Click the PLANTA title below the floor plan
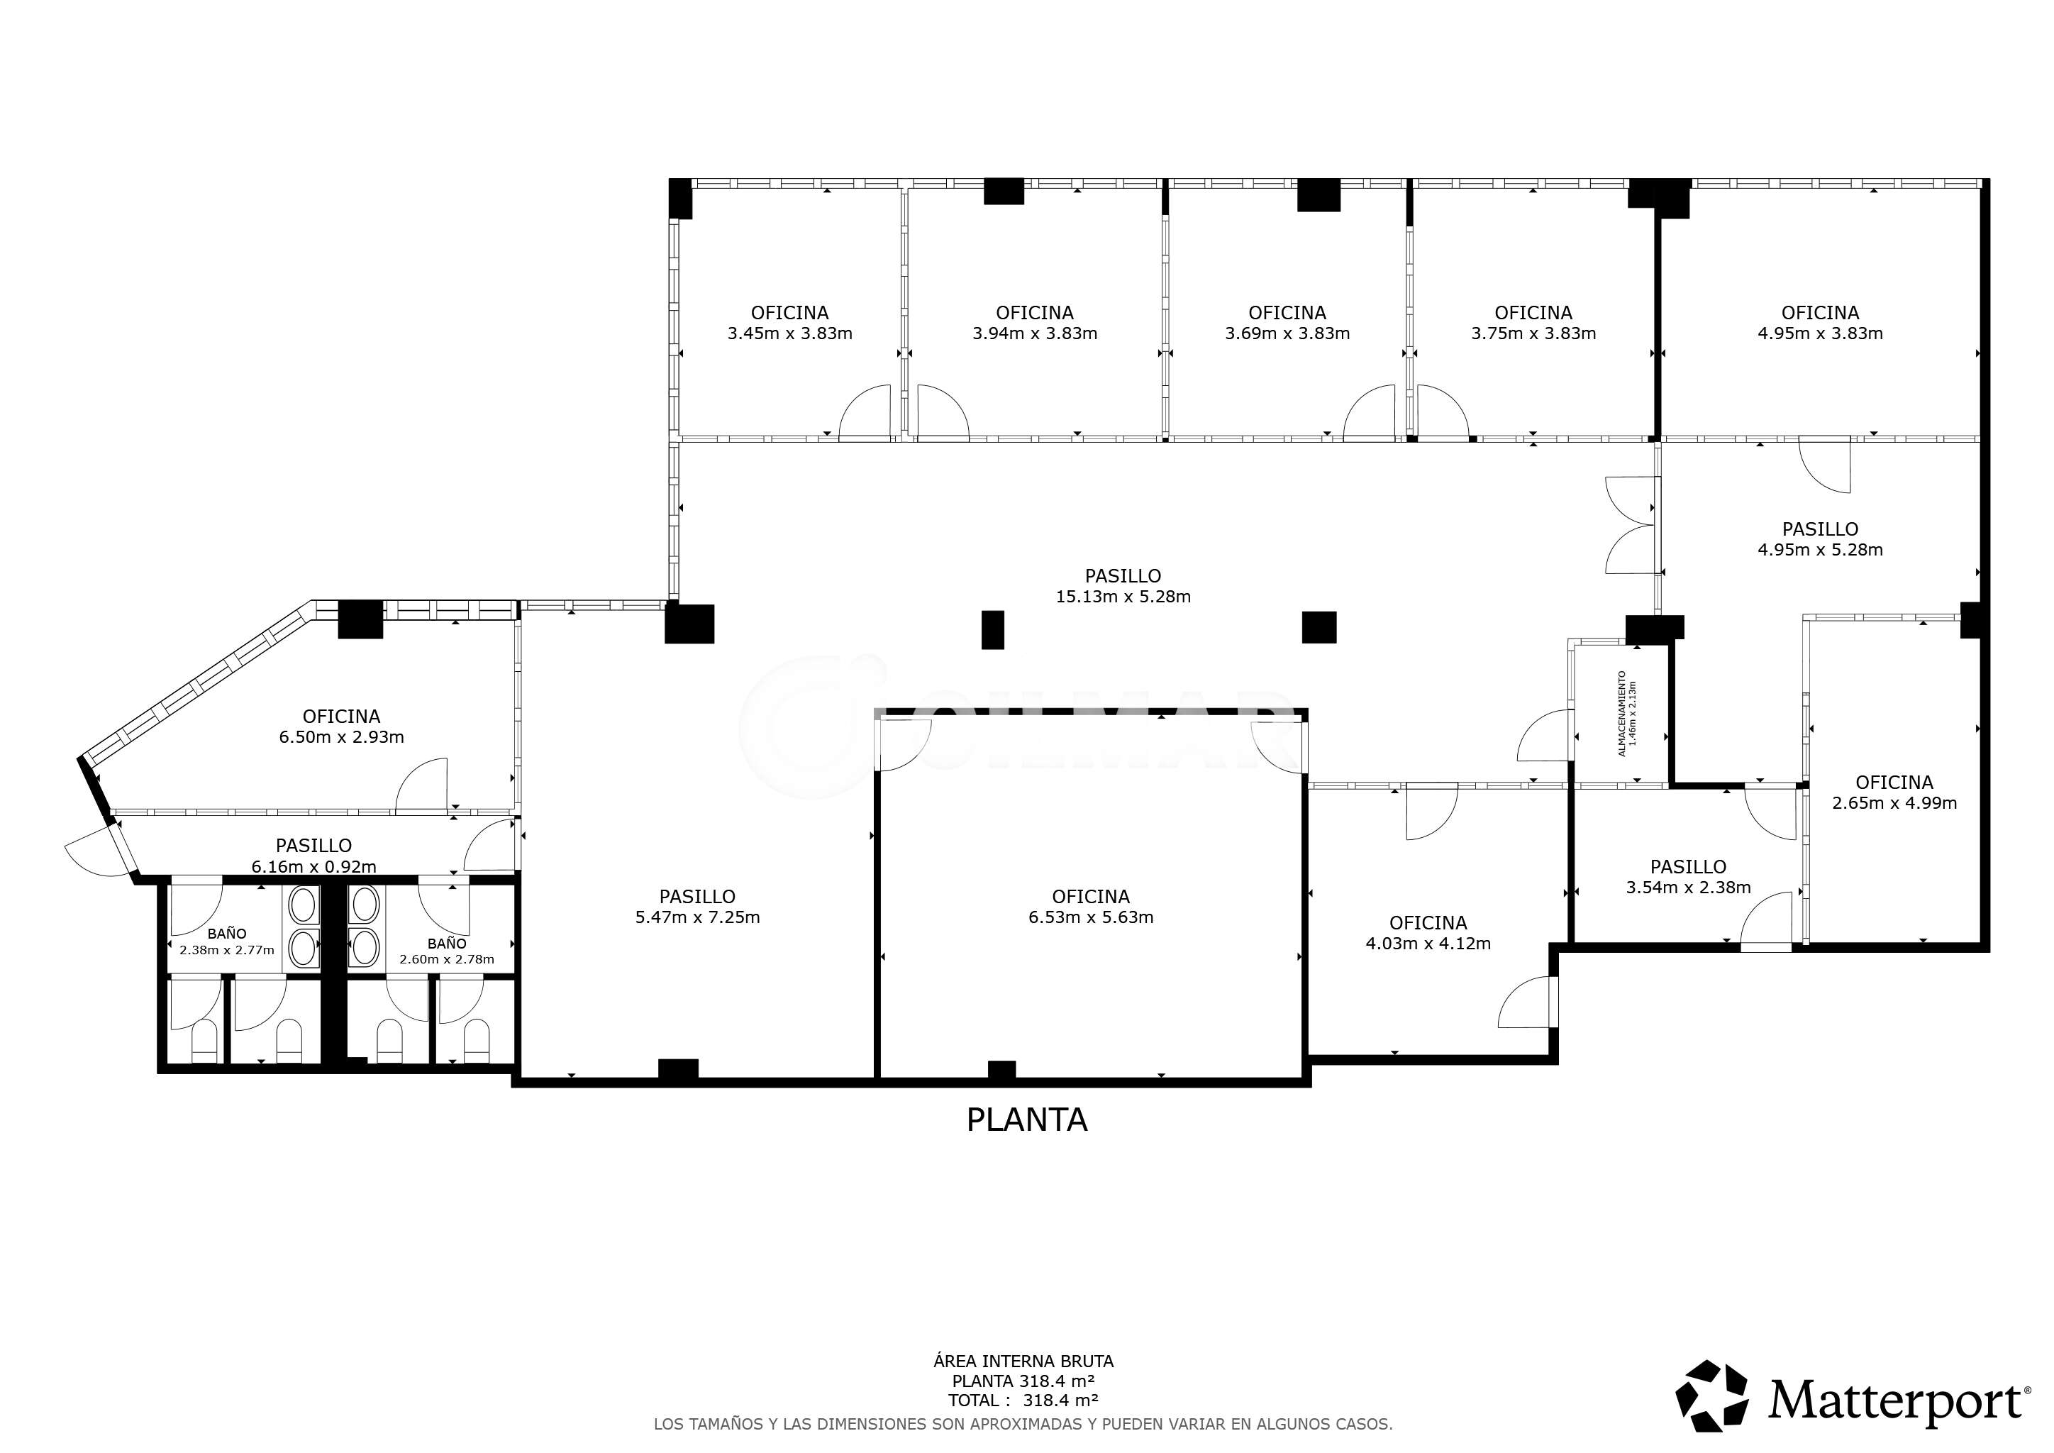(x=1026, y=1120)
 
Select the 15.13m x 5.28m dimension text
(x=1123, y=597)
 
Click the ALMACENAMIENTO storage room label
(x=1621, y=714)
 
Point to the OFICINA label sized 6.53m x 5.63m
(x=1091, y=897)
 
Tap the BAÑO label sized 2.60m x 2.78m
(x=446, y=944)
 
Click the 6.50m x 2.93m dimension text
(x=341, y=737)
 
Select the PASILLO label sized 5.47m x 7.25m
(x=697, y=897)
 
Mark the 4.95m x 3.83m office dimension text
(x=1820, y=333)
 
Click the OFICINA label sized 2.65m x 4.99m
(x=1894, y=783)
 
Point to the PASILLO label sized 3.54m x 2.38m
(x=1688, y=867)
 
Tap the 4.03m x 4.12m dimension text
(x=1428, y=943)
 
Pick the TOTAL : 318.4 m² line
(x=1023, y=1400)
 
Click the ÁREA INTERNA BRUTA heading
(x=1023, y=1361)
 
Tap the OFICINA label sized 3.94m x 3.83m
(x=1034, y=313)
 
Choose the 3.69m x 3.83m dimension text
(x=1287, y=333)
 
